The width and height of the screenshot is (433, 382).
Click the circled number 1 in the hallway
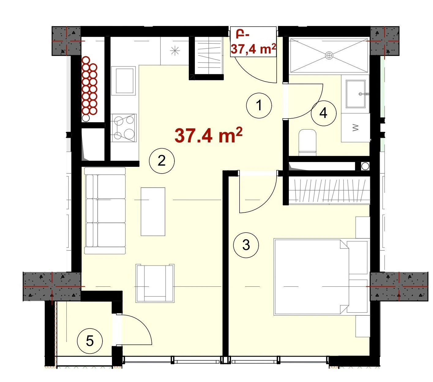click(x=259, y=105)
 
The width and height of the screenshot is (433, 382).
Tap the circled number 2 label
click(x=162, y=161)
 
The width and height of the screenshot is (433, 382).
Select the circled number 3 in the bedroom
click(x=246, y=245)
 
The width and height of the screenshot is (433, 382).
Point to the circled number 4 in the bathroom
click(x=323, y=113)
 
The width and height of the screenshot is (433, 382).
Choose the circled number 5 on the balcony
click(x=90, y=341)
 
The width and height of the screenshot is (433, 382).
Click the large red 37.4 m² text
click(x=208, y=135)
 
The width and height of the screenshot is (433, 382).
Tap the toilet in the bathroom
click(x=307, y=142)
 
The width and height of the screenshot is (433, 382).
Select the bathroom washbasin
click(x=356, y=94)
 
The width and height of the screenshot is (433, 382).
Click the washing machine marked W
click(x=355, y=128)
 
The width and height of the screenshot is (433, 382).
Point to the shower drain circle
click(x=329, y=56)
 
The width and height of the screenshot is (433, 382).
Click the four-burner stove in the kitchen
click(x=124, y=128)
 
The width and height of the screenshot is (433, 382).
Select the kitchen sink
click(x=123, y=81)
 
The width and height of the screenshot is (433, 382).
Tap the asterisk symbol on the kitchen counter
click(x=175, y=51)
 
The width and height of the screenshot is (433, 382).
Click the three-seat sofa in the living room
click(x=105, y=211)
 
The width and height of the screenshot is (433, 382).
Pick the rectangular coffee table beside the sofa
click(x=153, y=211)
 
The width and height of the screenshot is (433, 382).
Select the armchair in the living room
click(x=155, y=283)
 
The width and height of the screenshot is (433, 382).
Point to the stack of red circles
click(x=90, y=86)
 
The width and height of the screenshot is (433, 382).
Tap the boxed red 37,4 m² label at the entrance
click(x=253, y=42)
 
